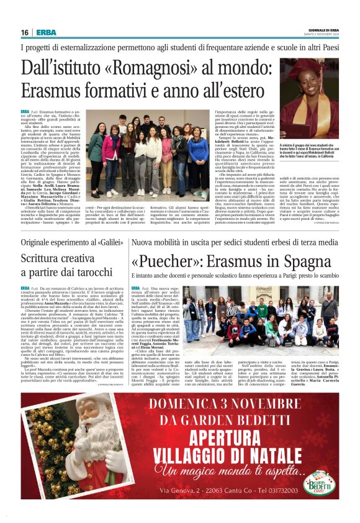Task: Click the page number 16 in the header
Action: (x=25, y=32)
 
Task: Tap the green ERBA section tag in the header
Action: (x=46, y=32)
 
